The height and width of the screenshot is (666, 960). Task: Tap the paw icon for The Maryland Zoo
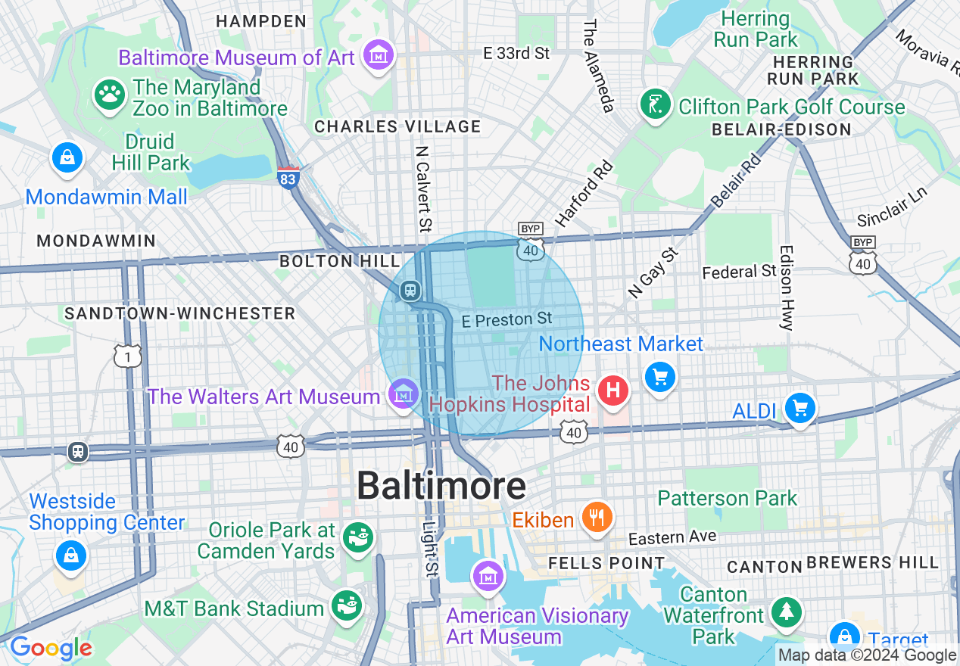tap(109, 95)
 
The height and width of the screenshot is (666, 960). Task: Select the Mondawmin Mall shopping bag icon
tap(67, 157)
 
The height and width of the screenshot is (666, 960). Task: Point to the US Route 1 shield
tap(128, 355)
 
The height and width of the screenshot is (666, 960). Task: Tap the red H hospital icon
tap(613, 391)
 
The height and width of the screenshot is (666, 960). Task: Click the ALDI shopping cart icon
tap(799, 408)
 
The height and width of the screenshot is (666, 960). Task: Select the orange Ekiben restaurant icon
tap(597, 517)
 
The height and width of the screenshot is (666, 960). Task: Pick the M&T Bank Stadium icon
tap(347, 606)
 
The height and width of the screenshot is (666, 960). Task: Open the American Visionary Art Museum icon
tap(488, 576)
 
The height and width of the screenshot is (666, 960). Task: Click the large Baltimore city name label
tap(441, 485)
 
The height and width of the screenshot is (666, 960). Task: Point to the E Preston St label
tap(507, 320)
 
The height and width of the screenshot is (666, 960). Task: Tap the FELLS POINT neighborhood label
tap(606, 563)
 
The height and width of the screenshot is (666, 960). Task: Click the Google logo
tap(50, 649)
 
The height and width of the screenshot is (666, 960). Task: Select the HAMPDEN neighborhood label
tap(260, 21)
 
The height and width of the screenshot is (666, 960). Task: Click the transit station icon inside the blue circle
tap(410, 290)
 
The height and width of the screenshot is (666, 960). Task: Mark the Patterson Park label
tap(727, 498)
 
